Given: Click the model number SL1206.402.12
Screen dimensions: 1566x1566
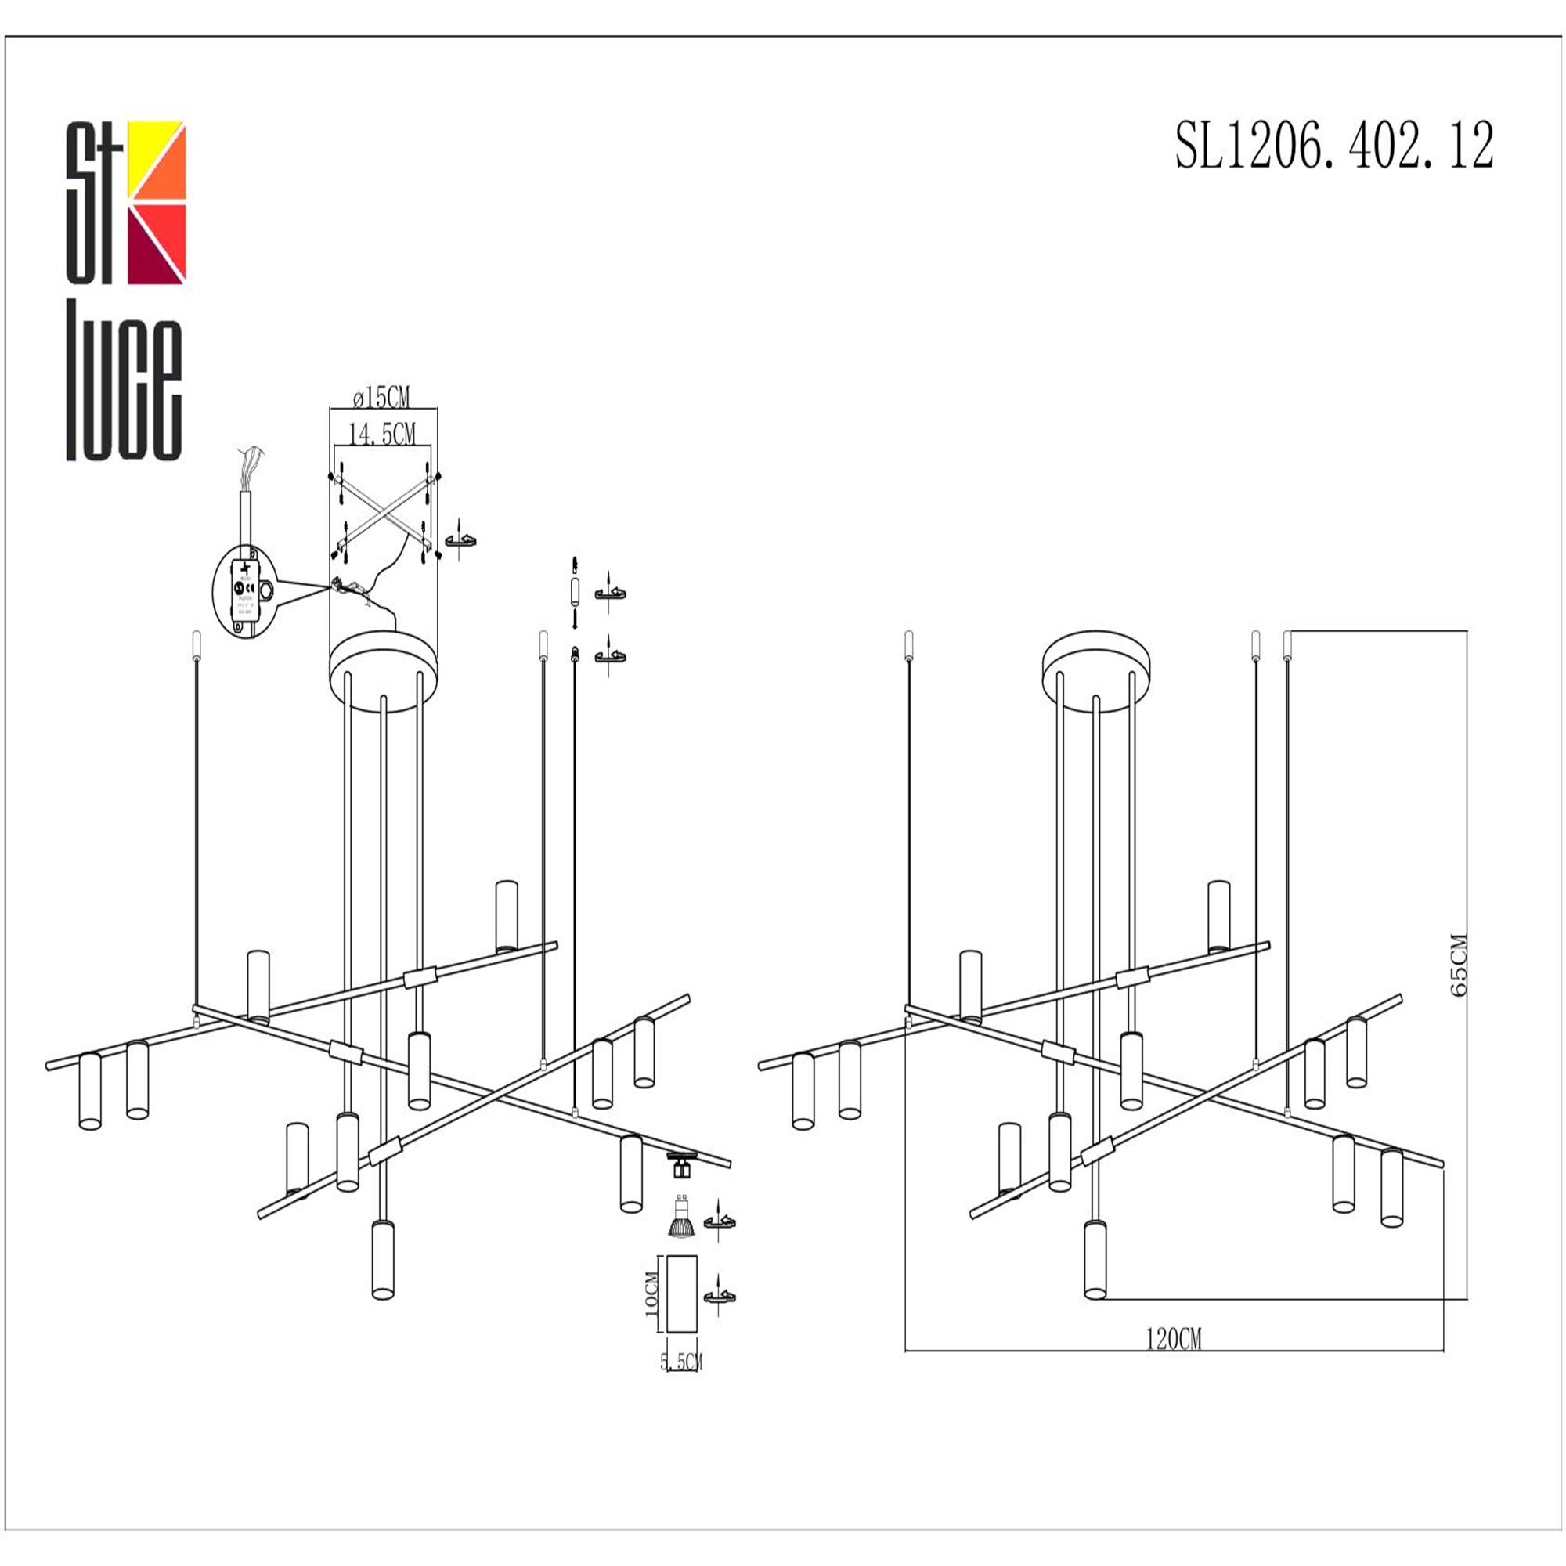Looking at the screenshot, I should [1333, 146].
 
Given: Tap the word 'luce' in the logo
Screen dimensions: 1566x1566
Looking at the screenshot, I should [123, 381].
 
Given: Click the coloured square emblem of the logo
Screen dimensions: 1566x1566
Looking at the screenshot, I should [157, 203].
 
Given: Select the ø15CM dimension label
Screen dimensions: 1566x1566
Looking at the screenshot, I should [382, 398].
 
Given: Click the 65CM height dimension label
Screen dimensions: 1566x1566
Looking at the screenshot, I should [1459, 965].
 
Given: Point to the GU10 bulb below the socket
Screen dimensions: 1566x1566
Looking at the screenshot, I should [681, 1218].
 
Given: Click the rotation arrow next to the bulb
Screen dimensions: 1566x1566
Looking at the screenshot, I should [720, 1221].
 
